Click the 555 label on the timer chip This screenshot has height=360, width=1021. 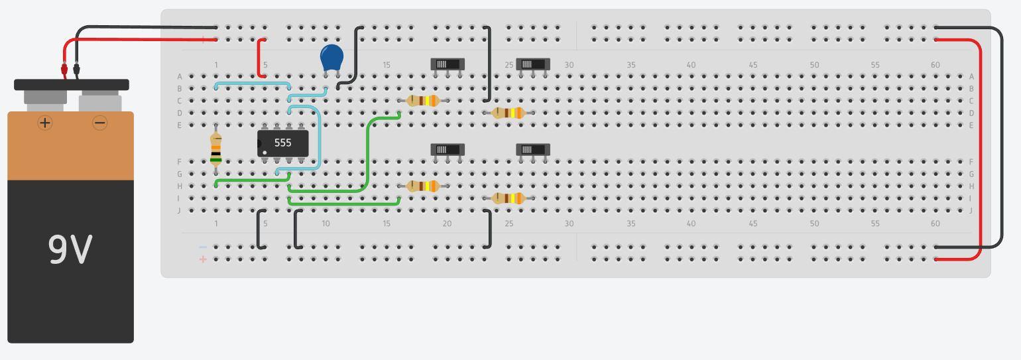[282, 143]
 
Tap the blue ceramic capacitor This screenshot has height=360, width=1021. [331, 58]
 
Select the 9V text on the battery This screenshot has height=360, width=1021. [70, 250]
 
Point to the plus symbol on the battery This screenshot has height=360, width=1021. [45, 123]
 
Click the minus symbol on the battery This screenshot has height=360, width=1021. [100, 123]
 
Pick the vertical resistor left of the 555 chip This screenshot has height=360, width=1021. [215, 149]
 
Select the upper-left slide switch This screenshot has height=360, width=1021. [448, 64]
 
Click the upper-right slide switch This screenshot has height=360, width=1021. [533, 64]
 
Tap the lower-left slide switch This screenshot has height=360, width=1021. [448, 149]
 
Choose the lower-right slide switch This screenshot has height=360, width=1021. [533, 149]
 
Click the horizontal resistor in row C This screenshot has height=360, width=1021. [423, 101]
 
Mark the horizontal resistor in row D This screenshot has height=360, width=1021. [509, 113]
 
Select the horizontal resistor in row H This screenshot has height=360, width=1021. [423, 186]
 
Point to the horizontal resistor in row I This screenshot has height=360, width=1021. [509, 198]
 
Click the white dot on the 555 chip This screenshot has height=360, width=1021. [265, 153]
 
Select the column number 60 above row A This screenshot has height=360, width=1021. [935, 65]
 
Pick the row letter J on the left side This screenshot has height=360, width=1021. [179, 211]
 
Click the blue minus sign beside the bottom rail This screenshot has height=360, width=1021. [203, 247]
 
